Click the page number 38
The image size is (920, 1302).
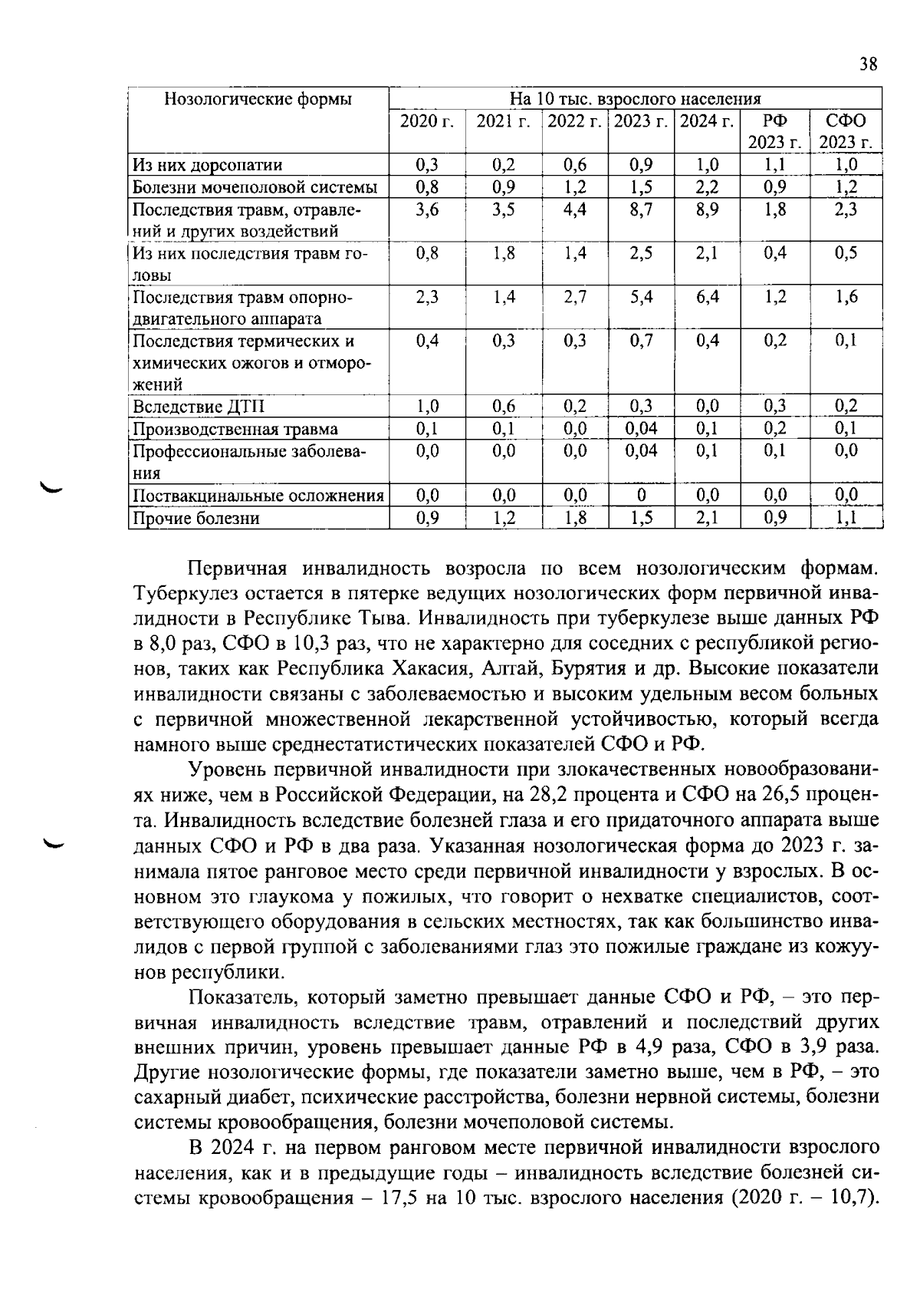pos(868,64)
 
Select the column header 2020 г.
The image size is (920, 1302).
pos(427,121)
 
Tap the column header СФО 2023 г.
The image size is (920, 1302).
pos(846,132)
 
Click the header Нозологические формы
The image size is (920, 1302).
pos(258,99)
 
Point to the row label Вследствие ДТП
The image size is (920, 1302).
pos(189,407)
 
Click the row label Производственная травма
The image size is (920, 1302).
pos(235,429)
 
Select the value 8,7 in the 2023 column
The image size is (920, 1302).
pos(641,209)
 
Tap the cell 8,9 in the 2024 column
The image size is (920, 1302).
pos(707,209)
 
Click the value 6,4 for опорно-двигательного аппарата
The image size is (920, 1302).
pos(707,297)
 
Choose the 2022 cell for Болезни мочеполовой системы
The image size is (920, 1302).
pos(574,187)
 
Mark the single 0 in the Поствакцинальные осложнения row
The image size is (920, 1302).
pos(641,496)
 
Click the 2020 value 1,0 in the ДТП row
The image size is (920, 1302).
pos(427,407)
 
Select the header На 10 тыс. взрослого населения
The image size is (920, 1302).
pos(635,99)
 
